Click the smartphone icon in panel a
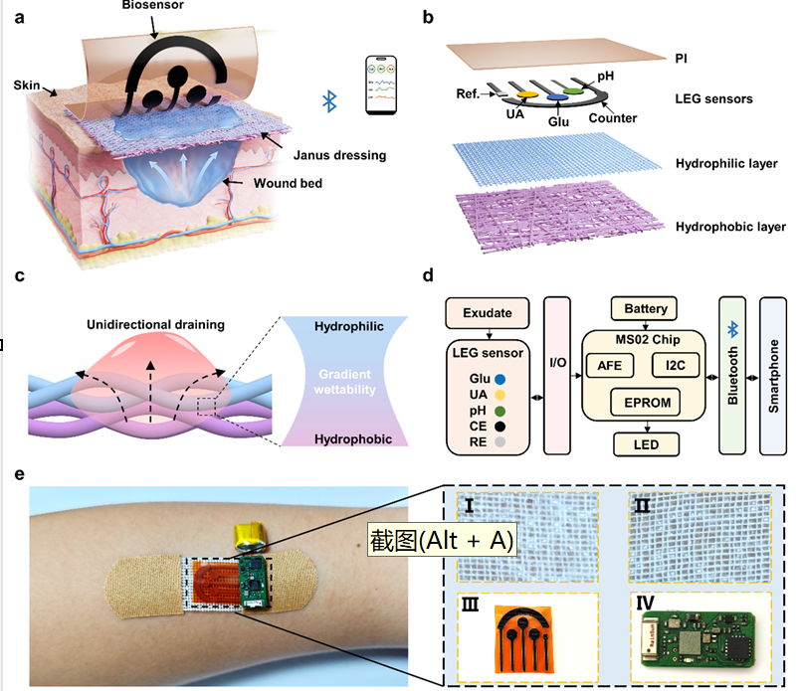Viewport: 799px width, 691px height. click(x=378, y=87)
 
